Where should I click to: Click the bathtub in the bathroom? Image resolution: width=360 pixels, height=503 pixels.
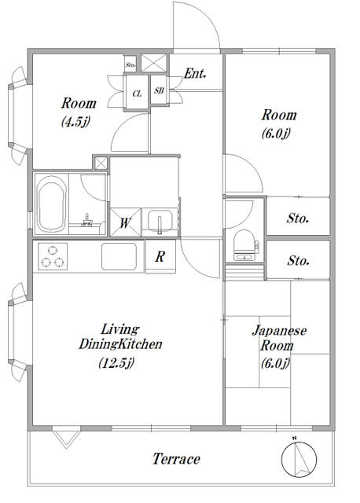(51, 204)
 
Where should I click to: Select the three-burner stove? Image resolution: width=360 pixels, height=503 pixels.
(53, 256)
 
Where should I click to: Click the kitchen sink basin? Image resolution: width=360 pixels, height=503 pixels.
(119, 257)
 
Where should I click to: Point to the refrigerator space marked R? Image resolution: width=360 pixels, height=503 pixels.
(160, 256)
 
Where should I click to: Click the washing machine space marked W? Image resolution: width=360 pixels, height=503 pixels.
(126, 222)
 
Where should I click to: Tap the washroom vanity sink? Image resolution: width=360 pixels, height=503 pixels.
(160, 221)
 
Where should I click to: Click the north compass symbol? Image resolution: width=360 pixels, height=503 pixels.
(299, 458)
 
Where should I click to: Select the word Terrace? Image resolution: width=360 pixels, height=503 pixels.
(176, 459)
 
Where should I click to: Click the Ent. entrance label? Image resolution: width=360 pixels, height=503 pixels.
(195, 74)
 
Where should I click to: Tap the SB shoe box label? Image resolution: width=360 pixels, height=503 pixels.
(159, 90)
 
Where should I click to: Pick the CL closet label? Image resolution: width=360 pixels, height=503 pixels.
(137, 94)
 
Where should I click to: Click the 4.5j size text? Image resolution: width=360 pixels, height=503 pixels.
(75, 122)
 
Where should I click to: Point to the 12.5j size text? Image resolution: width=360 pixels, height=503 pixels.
(116, 362)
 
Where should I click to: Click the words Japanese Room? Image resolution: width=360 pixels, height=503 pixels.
(278, 338)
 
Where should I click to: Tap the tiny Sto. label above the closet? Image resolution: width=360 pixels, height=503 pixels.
(130, 64)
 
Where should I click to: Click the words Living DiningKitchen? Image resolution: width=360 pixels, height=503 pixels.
(120, 337)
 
